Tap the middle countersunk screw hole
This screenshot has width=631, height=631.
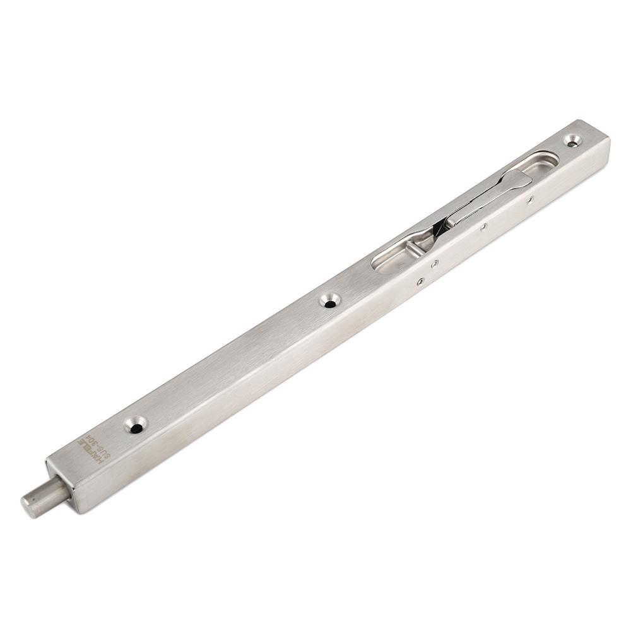[329, 300]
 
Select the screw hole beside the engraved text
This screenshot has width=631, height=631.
[135, 426]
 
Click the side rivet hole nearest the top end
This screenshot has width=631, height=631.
[530, 199]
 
